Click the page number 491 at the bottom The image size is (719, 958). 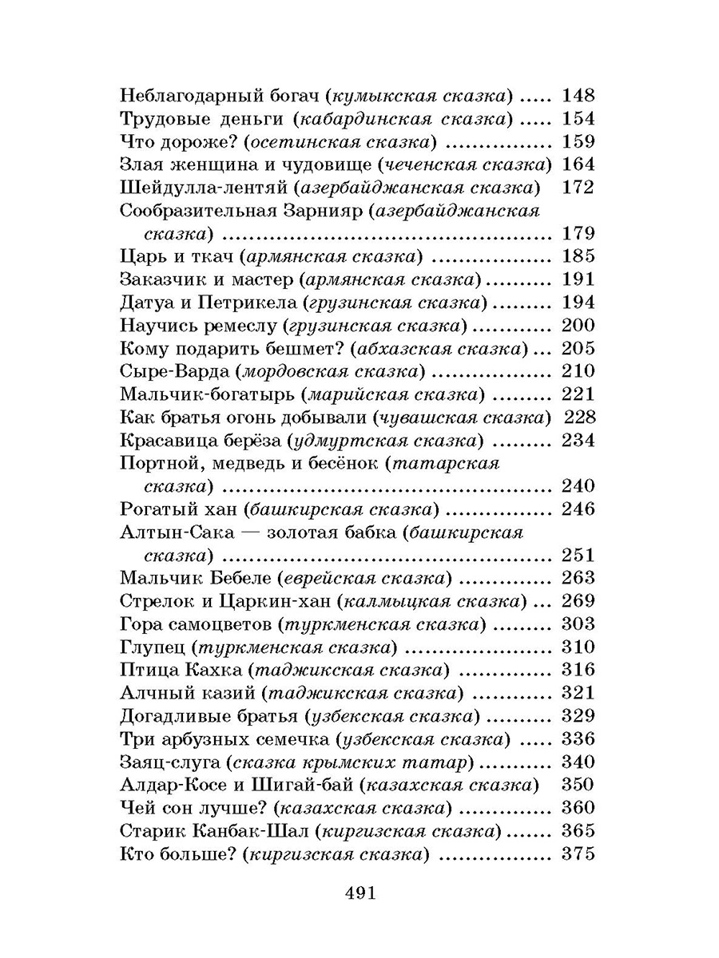[x=359, y=892]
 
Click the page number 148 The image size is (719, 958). [x=578, y=97]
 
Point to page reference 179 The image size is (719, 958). [x=578, y=234]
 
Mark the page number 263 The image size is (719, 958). [x=578, y=578]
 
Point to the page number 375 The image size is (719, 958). [x=578, y=853]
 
